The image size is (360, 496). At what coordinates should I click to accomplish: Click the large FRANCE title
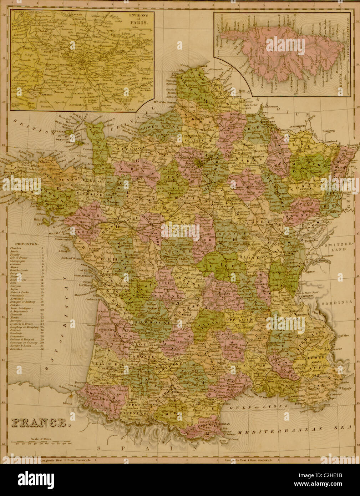point(40,423)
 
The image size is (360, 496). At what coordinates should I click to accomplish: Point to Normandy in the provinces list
point(23,298)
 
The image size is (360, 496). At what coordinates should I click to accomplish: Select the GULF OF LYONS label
point(258,406)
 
